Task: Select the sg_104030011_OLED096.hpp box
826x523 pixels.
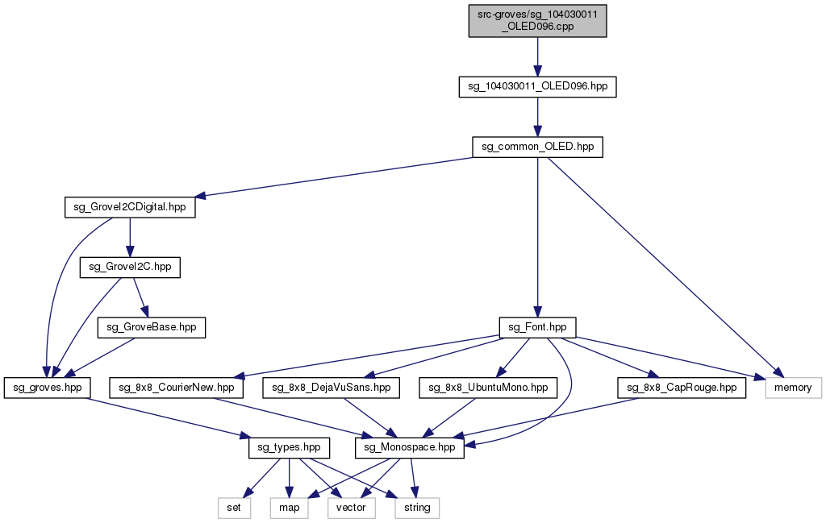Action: coord(537,86)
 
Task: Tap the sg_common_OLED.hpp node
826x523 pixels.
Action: coord(537,147)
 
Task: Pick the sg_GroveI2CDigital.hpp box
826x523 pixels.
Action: coord(130,207)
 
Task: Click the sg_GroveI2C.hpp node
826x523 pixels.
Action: coord(130,268)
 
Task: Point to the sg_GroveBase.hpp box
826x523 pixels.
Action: coord(152,327)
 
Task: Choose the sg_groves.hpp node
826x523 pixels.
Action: coord(48,388)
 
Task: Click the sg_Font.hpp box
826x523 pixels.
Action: coord(537,327)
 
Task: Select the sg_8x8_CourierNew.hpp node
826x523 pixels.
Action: coord(177,388)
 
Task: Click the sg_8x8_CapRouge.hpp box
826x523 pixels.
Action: coord(682,388)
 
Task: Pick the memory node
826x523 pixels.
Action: coord(792,388)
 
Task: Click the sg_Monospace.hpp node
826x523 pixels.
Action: coord(411,447)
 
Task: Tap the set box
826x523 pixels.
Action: coord(234,508)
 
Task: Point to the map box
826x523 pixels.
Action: coord(289,508)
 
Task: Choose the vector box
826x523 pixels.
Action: coord(351,508)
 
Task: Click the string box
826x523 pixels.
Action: coord(417,508)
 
